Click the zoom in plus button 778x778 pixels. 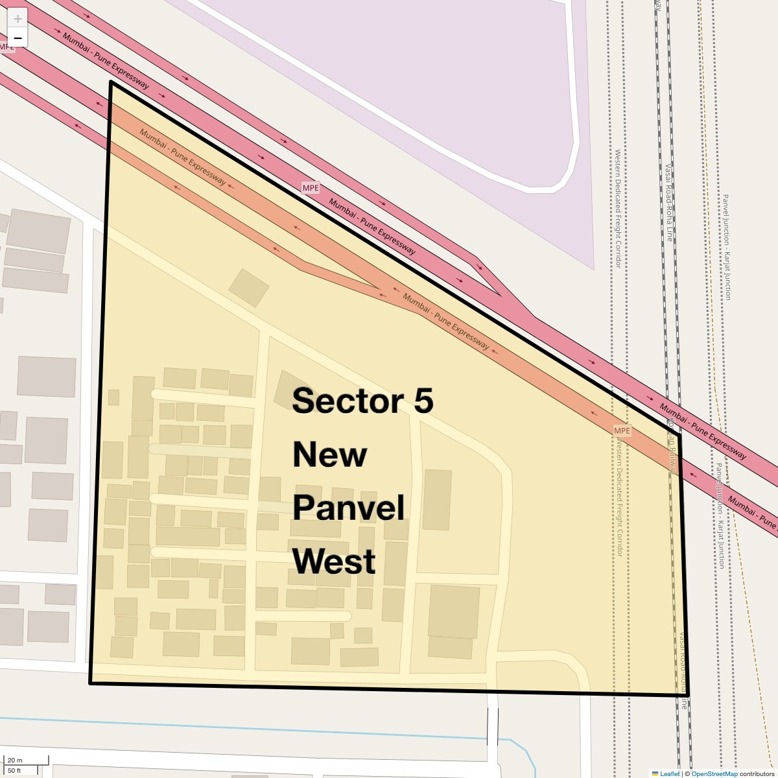pos(18,19)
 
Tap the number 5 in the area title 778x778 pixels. pos(423,401)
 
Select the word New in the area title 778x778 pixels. pos(329,454)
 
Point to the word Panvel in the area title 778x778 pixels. pos(348,508)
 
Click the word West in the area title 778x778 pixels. pos(334,561)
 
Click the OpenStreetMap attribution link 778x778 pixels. pos(714,773)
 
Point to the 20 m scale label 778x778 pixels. pos(15,760)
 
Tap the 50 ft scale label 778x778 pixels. pos(15,770)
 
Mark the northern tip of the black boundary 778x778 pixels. pos(112,82)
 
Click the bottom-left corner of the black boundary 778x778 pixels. pos(90,683)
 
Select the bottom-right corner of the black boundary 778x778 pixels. pos(688,695)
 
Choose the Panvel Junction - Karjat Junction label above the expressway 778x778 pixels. pos(727,246)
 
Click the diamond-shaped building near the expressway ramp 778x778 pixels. pos(248,287)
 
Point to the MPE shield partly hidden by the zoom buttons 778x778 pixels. pos(7,47)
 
